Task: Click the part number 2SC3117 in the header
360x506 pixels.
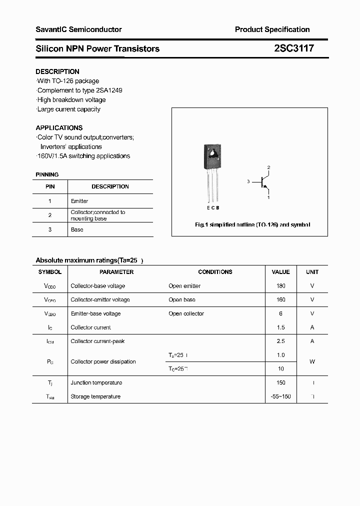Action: (293, 48)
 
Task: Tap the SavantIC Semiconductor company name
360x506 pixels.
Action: (78, 29)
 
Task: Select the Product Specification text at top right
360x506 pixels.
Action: (272, 29)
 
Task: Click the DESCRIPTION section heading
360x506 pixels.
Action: (57, 71)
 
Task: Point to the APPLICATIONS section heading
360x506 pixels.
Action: (59, 127)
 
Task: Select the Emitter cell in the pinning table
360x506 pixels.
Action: (79, 201)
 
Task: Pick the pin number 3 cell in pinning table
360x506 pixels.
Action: (50, 229)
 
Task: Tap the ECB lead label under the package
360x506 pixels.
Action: (212, 207)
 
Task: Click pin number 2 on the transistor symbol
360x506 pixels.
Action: (268, 167)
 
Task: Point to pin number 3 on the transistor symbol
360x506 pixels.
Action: (248, 182)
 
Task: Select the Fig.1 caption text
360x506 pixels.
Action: (252, 225)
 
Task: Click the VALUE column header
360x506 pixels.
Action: (280, 272)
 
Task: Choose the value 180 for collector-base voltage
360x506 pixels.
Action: (280, 286)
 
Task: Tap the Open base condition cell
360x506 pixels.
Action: (182, 300)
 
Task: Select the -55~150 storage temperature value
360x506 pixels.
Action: (280, 396)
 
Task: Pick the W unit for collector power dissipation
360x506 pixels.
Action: (312, 361)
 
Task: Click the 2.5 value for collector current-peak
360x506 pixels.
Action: (280, 341)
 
